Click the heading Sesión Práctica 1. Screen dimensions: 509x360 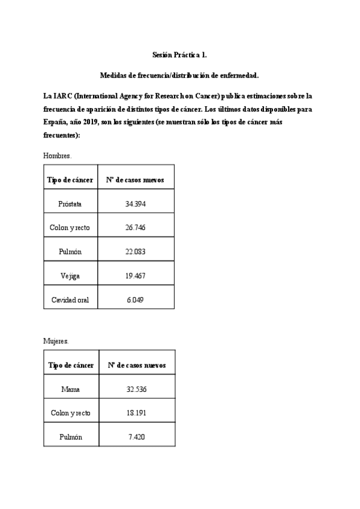coord(179,55)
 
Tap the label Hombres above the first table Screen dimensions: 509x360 coord(58,155)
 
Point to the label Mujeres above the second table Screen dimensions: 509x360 coord(56,341)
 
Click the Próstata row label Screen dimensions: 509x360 coord(70,204)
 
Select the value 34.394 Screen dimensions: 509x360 coord(136,204)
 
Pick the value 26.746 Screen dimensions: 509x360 coord(136,227)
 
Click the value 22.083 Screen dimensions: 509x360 coord(136,251)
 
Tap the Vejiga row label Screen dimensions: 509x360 coord(70,276)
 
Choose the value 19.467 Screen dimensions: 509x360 coord(136,276)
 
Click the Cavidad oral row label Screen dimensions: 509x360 coord(70,300)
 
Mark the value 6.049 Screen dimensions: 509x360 coord(136,300)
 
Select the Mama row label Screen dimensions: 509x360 coord(70,390)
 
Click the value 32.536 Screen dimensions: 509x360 coord(137,390)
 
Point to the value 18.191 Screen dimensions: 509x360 coord(137,413)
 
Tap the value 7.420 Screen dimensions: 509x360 coord(137,437)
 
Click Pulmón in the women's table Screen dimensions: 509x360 coord(71,437)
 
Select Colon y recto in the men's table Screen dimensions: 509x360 coord(70,227)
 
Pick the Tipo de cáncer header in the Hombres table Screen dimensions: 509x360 coord(70,179)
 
